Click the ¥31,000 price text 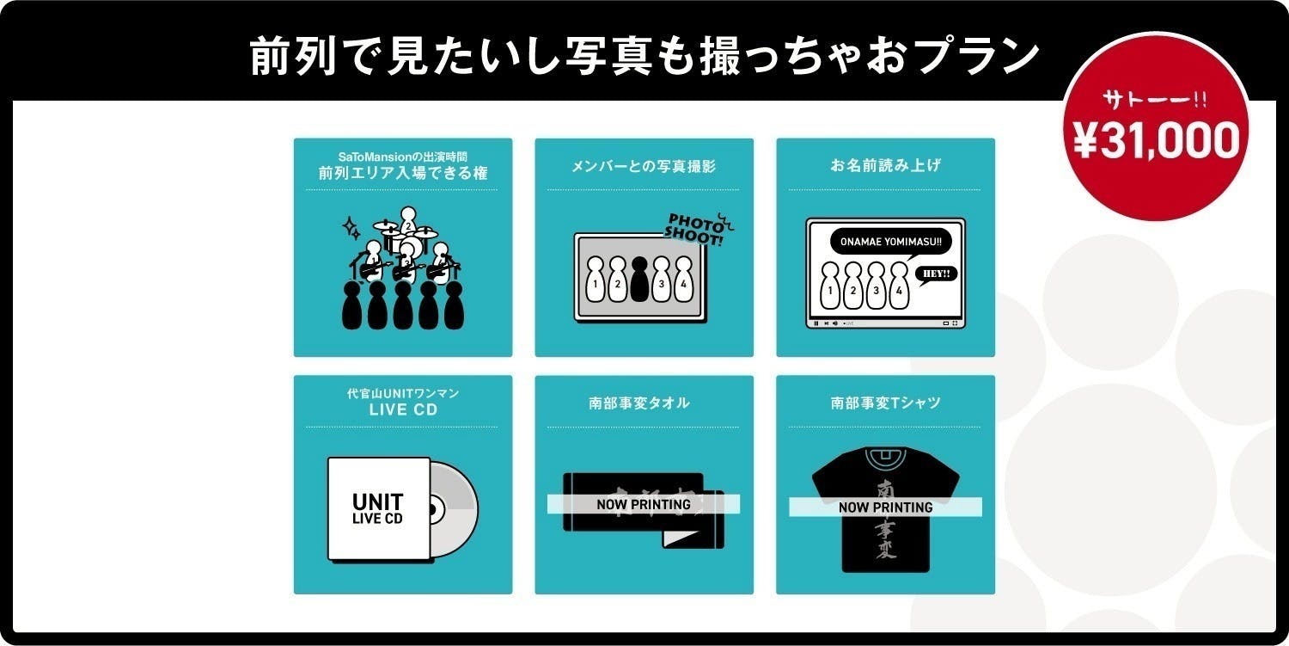[x=1157, y=140]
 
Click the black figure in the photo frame [x=638, y=279]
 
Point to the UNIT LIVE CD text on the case [x=378, y=509]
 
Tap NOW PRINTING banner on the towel [x=644, y=504]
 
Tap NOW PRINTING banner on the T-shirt [x=885, y=507]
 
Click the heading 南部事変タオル [x=644, y=403]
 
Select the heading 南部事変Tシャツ [x=885, y=403]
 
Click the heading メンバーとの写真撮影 [x=644, y=166]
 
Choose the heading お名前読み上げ [x=885, y=166]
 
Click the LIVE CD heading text [x=403, y=410]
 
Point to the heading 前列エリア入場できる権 [x=403, y=173]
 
